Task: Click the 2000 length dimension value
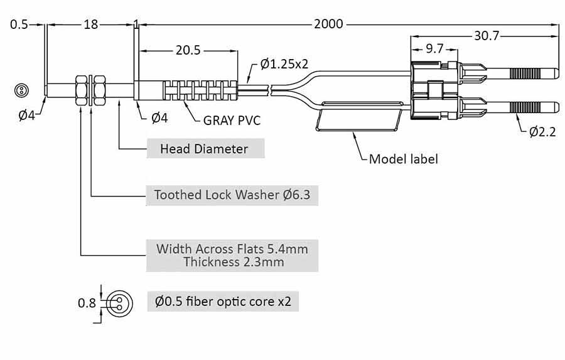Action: tap(328, 25)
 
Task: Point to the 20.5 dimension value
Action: tap(188, 51)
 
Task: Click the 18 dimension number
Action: tap(90, 25)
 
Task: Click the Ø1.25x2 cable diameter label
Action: tap(284, 64)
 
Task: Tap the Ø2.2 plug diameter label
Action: tap(542, 132)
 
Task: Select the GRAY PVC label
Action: tap(231, 120)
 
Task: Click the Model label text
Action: tap(403, 158)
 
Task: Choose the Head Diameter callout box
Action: tap(204, 149)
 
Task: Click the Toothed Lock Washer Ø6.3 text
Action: tap(232, 195)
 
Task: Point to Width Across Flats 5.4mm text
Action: tap(232, 248)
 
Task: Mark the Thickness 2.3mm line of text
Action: tap(234, 262)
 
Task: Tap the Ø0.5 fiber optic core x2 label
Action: tap(223, 302)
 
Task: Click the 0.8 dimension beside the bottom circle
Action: tap(87, 303)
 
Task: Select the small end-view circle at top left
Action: tap(21, 90)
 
